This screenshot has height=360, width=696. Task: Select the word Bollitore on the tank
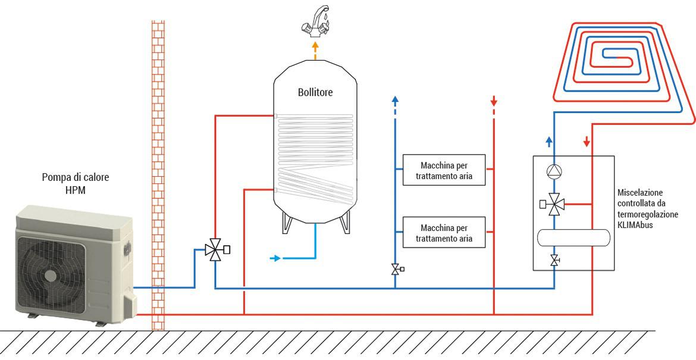315,93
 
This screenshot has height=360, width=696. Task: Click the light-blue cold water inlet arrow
274,258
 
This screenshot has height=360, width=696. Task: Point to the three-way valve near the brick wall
214,250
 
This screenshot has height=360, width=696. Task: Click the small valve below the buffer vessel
554,259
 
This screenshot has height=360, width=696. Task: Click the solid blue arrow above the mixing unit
550,141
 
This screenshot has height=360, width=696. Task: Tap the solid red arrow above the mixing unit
587,142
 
